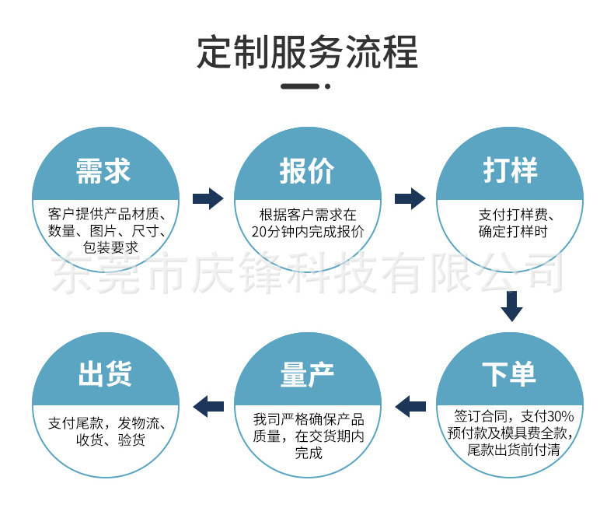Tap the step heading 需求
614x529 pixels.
pos(103,171)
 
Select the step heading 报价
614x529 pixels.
pos(307,171)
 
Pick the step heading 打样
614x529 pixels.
pos(510,171)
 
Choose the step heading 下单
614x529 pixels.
pos(510,374)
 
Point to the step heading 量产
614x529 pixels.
pos(307,374)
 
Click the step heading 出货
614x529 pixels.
pos(103,374)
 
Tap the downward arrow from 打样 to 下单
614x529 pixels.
pos(511,306)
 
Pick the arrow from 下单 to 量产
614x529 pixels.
pos(410,405)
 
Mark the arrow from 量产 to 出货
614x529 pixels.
pos(208,405)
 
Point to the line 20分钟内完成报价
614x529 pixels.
pos(308,231)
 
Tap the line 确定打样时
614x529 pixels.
pos(513,231)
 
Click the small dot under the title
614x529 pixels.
pos(328,86)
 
